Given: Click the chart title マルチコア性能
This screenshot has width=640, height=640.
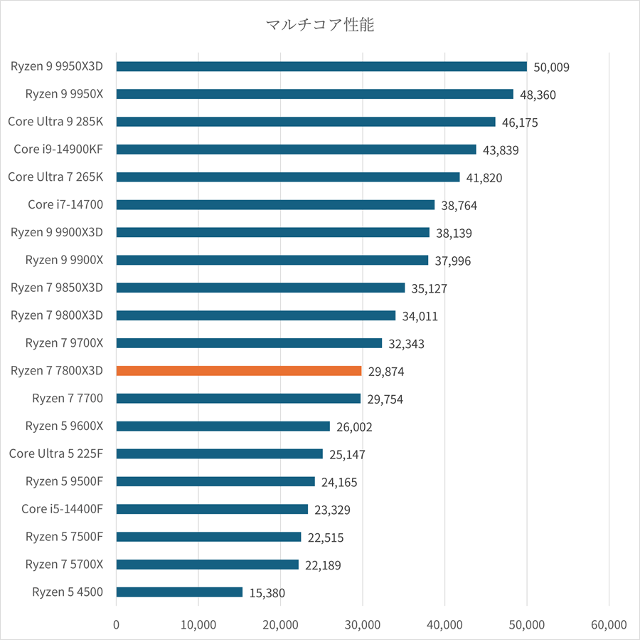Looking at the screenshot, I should coord(319,26).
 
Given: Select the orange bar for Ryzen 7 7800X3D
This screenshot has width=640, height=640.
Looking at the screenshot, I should coord(238,371).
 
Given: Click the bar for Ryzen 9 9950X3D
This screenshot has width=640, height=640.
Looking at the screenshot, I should coord(321,66).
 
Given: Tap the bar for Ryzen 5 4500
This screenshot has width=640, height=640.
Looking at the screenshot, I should coord(179,592).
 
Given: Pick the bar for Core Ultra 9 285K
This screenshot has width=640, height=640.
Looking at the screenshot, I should coord(305,122).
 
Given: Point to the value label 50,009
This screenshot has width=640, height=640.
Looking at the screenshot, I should coord(551,68).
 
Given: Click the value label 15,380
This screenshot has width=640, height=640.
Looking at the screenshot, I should coord(267,593).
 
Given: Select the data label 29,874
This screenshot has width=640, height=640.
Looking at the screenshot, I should coord(386,372).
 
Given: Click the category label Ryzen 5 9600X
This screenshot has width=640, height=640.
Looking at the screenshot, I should coord(64,426).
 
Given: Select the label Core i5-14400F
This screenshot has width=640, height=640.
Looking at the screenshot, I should coord(62,508).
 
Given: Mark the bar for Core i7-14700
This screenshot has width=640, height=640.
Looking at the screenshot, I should coord(274,204).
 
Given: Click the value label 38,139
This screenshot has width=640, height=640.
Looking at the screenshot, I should coord(454,234).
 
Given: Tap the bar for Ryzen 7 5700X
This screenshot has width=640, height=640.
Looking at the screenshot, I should coord(207,564).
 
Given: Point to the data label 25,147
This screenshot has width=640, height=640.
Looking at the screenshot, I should coord(347,454).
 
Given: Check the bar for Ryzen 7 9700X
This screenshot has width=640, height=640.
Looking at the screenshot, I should coord(248,342).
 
